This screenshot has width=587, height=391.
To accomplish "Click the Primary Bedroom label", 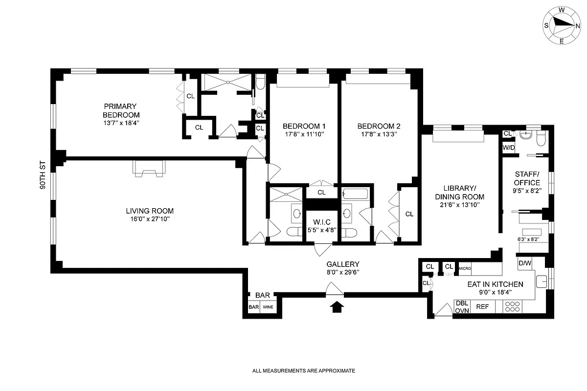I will click(120, 110).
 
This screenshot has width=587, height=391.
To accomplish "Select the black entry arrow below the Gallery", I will click(336, 307).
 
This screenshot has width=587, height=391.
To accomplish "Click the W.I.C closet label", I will click(321, 222).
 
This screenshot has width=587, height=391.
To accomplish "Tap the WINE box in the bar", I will click(268, 307).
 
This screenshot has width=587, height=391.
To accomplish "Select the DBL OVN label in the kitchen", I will click(462, 306).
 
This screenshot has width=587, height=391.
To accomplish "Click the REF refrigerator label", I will click(482, 307).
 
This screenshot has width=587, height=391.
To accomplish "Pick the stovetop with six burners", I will click(512, 306).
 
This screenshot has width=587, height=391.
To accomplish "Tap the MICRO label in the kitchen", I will click(464, 267).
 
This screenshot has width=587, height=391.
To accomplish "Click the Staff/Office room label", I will click(527, 178).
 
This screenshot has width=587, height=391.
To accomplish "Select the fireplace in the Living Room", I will click(149, 169).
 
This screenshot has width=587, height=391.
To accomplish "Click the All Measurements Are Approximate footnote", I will click(303, 371).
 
